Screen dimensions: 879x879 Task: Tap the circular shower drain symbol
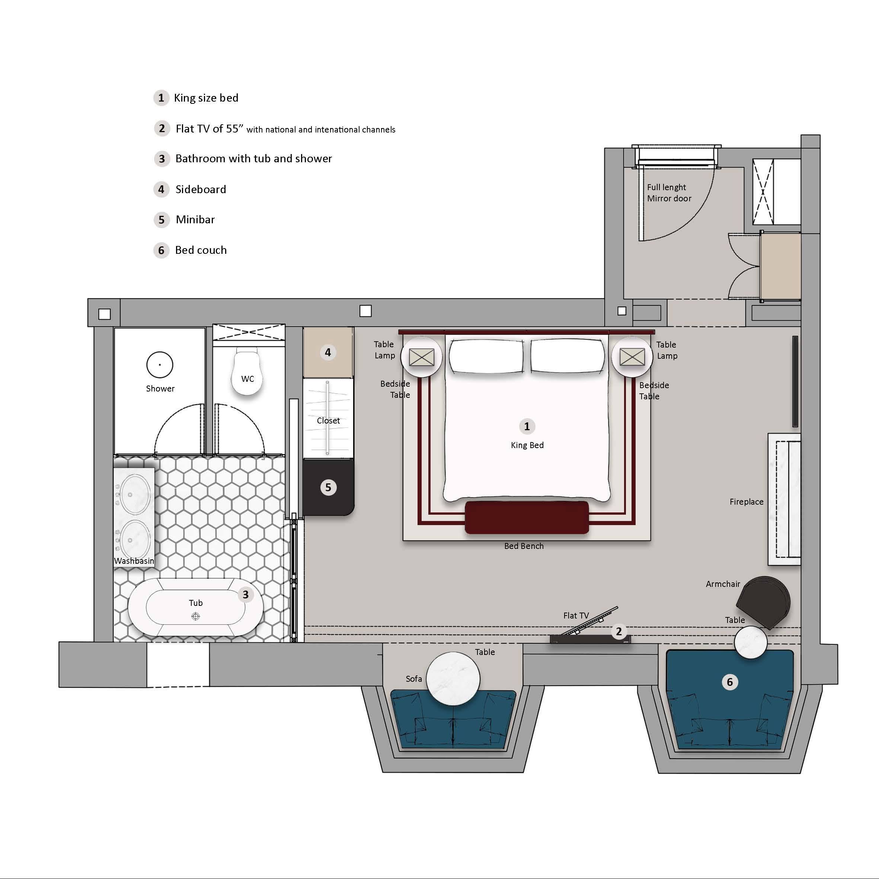click(x=160, y=365)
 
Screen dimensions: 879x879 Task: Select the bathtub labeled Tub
click(x=196, y=607)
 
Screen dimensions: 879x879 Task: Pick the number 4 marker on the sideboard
click(x=327, y=352)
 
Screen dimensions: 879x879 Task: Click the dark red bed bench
click(x=527, y=517)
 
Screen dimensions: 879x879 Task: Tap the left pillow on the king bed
click(x=486, y=356)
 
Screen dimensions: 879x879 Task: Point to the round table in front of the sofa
click(x=454, y=678)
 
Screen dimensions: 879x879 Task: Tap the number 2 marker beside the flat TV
click(x=619, y=632)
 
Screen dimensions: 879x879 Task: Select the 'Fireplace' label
click(x=747, y=502)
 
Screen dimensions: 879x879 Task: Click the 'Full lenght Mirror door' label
click(x=669, y=193)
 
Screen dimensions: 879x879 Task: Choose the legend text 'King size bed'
click(x=206, y=98)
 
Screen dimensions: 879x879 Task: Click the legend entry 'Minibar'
click(x=195, y=220)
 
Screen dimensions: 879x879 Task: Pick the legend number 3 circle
click(x=162, y=159)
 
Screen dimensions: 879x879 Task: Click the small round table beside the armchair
click(x=751, y=642)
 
